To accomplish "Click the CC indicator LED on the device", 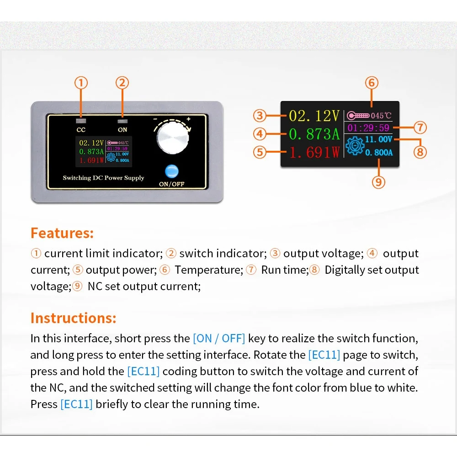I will coord(81,121).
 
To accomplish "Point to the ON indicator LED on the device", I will coord(122,121).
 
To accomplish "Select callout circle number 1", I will coord(81,83).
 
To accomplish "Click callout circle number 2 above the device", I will coord(122,83).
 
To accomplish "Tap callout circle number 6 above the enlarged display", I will coord(372,83).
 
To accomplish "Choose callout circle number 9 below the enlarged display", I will coord(378,182).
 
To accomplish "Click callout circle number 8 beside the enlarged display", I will coord(420,151).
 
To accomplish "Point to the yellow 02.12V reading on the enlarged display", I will coord(314,116).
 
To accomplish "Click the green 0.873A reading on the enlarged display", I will coord(314,134).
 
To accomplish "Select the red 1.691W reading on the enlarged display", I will coord(314,152).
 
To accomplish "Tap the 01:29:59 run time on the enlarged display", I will coord(368,128).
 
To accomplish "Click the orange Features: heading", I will coord(62,233).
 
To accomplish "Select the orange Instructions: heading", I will coord(74,318).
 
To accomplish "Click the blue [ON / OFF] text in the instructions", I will coord(219,339).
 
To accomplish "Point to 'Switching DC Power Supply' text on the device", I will coord(103,178).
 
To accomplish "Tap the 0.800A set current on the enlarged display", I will coord(379,153).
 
